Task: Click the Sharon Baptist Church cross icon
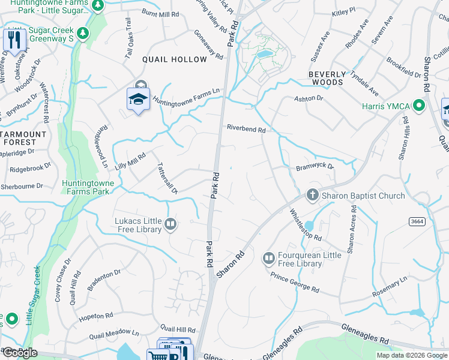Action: [312, 195]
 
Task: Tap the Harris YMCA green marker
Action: [419, 107]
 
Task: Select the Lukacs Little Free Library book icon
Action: [170, 224]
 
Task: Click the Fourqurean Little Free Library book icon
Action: [268, 259]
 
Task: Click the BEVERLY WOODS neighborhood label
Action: [327, 79]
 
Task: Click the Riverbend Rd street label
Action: [246, 127]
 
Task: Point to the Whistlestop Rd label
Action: [306, 225]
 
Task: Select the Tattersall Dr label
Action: [167, 178]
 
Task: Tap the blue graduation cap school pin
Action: [137, 98]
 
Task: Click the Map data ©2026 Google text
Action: [411, 355]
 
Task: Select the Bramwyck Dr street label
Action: [315, 166]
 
